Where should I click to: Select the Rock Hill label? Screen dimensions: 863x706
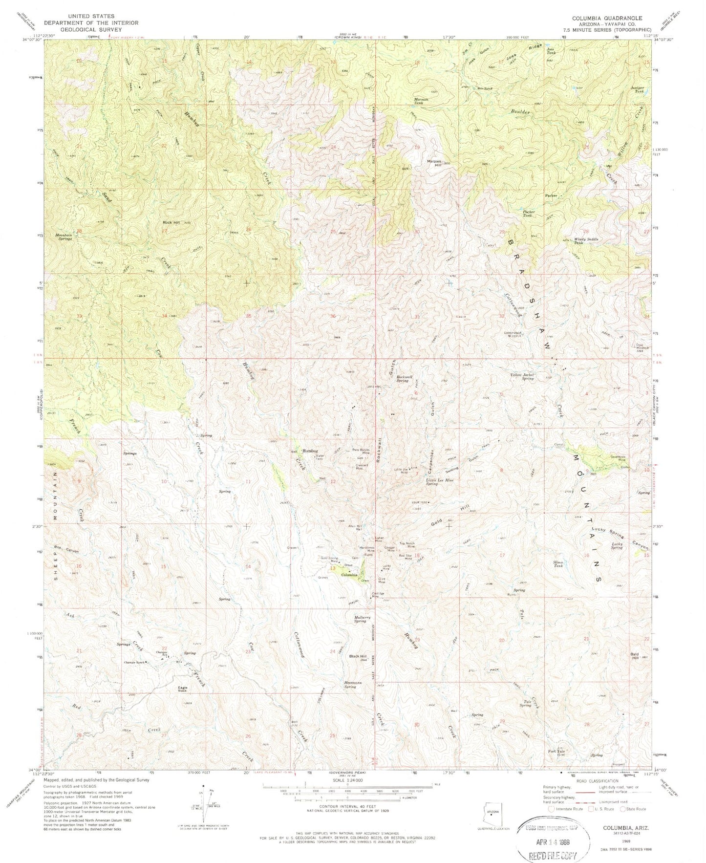[x=171, y=222]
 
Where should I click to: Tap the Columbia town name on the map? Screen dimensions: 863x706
[x=351, y=575]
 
